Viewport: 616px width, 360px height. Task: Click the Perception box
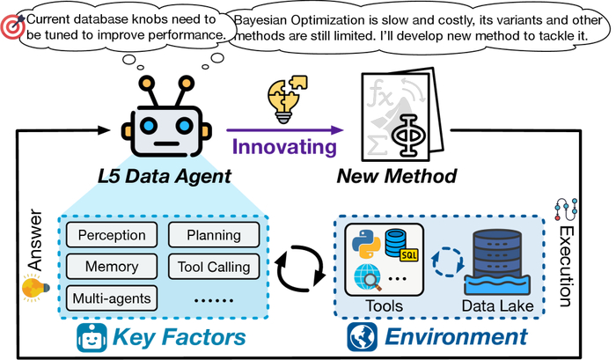[x=111, y=236]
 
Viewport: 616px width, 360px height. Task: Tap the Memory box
[x=111, y=267]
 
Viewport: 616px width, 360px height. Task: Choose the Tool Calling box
[x=213, y=267]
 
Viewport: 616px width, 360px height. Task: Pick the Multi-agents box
[x=111, y=298]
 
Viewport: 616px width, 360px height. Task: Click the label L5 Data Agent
[x=165, y=177]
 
